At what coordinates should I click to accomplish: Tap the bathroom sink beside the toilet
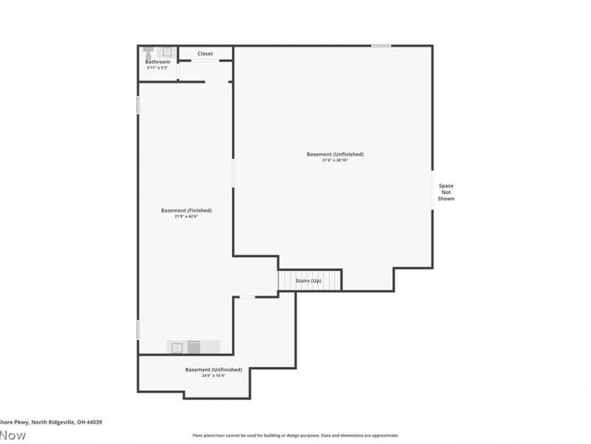coord(166,52)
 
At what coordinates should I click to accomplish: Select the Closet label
coord(205,53)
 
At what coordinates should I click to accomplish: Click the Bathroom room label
coord(157,61)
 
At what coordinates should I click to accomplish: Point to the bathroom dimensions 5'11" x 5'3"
coord(157,67)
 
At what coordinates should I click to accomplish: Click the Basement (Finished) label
coord(186,210)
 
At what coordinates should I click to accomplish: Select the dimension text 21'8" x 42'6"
coord(186,217)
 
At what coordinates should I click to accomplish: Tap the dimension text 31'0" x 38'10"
coord(335,161)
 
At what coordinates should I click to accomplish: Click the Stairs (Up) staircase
coord(310,281)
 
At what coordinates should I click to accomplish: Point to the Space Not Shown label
coord(446,192)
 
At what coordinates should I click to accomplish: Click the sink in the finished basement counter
coord(177,346)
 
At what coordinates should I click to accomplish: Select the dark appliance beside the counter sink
coord(194,346)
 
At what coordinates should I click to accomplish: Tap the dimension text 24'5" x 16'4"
coord(213,375)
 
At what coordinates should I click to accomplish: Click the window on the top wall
coord(381,46)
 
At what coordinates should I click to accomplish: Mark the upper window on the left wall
coord(138,105)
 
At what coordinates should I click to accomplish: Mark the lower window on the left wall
coord(138,329)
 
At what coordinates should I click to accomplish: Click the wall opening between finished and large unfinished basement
coord(233,174)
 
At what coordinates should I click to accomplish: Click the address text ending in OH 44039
coord(52,422)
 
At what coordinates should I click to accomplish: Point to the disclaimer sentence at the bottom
coord(295,436)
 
